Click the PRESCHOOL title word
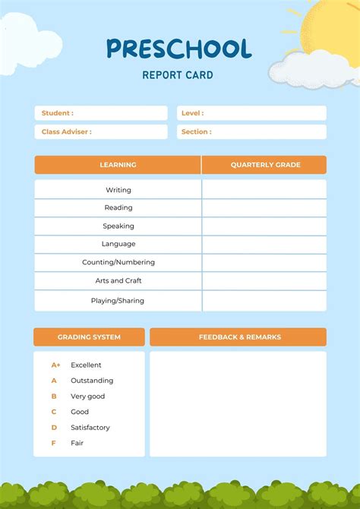pos(178,49)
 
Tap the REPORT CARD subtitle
pos(178,75)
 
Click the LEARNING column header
pos(118,165)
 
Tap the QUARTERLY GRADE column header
pos(265,165)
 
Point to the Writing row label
pos(118,190)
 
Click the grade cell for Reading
pos(264,207)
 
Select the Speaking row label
pos(118,226)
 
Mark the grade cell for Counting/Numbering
pos(264,262)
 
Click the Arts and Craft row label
pos(118,280)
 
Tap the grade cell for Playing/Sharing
pos(264,300)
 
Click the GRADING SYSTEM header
pos(89,337)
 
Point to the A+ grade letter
pos(55,365)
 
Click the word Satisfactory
pos(90,428)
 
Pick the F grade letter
pos(53,443)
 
